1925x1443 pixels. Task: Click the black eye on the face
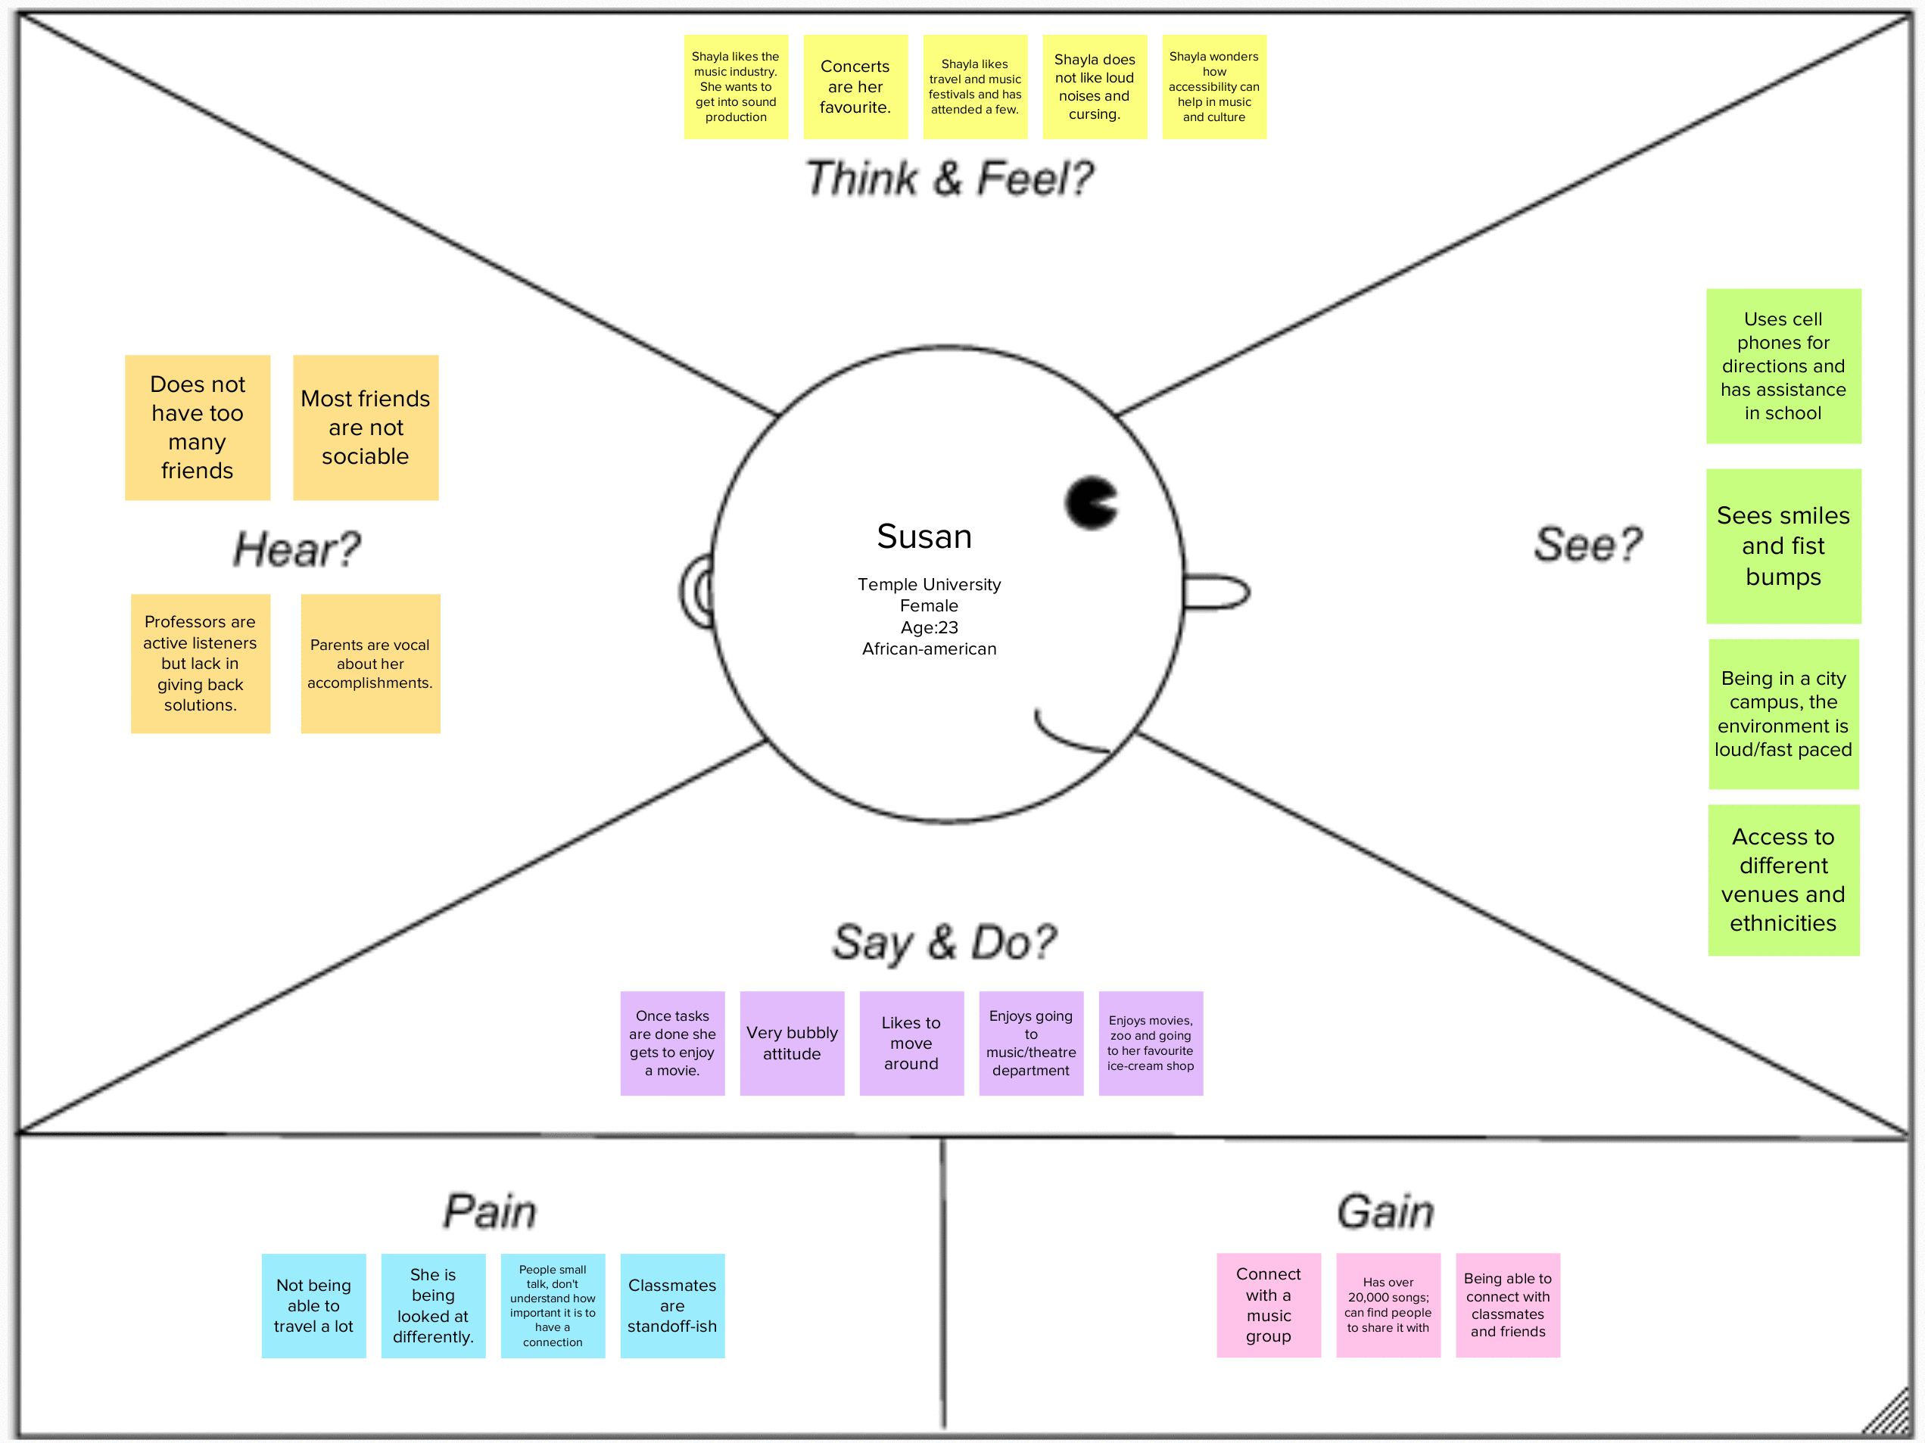1089,502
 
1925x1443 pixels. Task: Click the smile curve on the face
1069,735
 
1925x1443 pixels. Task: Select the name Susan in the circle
924,536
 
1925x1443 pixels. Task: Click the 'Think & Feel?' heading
948,179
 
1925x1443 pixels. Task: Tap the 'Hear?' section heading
297,549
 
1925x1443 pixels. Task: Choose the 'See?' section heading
1587,546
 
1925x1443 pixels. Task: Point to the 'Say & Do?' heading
944,943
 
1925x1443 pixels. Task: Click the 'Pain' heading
490,1211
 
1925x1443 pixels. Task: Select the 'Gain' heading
1385,1211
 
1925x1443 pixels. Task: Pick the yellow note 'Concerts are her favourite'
855,87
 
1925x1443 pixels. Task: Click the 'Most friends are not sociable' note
366,428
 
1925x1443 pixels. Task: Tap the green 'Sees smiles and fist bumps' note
1783,546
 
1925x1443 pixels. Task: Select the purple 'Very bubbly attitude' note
792,1043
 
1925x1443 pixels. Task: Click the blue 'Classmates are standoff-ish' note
672,1305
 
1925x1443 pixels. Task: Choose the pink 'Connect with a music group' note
1268,1305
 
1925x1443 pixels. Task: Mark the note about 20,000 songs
1388,1305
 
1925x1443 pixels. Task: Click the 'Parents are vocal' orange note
370,664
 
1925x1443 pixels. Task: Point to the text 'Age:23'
929,627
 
